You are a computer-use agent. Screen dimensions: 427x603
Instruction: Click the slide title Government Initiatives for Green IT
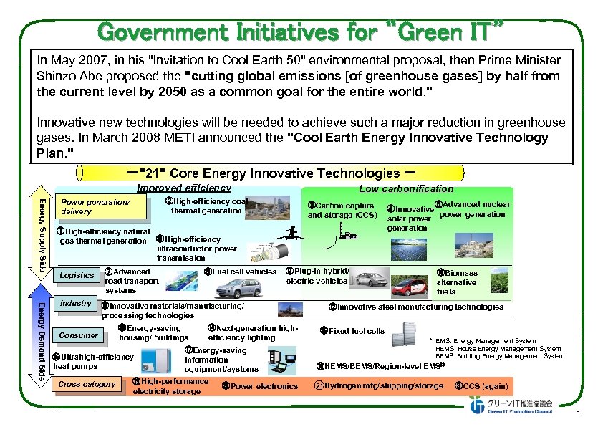pos(301,32)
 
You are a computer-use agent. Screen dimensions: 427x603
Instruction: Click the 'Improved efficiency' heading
pos(183,188)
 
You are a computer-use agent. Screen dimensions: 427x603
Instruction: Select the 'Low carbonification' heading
pos(406,188)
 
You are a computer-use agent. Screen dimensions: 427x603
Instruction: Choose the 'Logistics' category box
pos(77,275)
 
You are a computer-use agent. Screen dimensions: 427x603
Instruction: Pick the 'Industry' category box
pos(75,303)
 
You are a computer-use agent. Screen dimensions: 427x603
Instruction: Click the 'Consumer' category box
pos(78,335)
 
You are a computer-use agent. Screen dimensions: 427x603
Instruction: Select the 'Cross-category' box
pos(87,384)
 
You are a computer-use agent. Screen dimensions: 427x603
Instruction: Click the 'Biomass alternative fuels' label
pos(457,282)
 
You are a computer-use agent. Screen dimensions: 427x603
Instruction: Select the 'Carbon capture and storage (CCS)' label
pos(342,211)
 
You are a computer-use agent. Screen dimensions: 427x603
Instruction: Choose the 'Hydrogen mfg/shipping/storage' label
pos(380,385)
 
